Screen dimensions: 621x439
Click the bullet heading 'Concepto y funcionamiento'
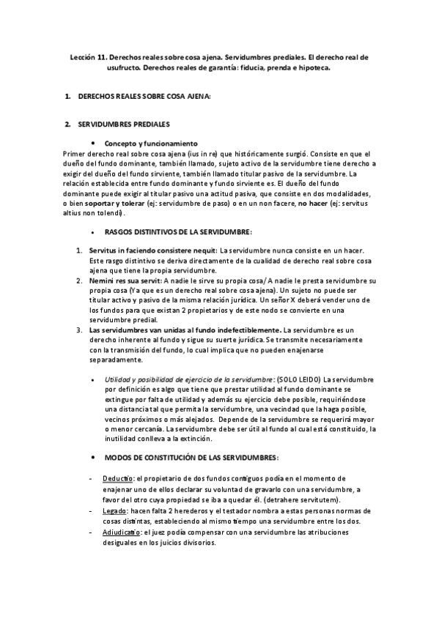pyautogui.click(x=151, y=144)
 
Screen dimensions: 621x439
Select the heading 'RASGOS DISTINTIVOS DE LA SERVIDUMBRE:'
pyautogui.click(x=178, y=231)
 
